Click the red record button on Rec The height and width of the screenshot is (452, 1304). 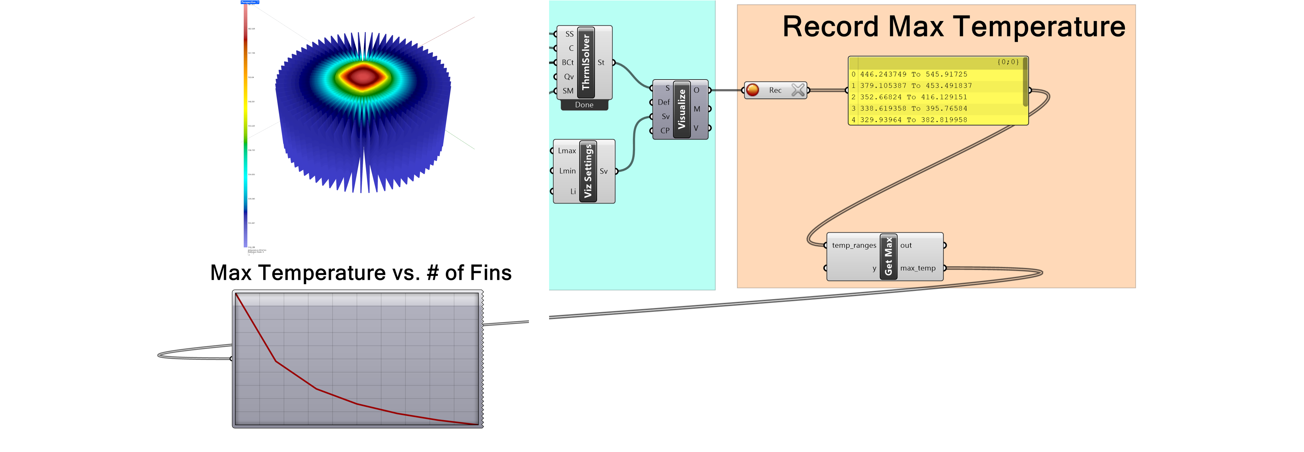tap(753, 90)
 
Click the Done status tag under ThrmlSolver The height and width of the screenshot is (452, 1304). tap(584, 105)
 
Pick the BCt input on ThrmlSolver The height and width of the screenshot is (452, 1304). tap(567, 62)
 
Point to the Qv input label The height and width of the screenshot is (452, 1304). tap(568, 77)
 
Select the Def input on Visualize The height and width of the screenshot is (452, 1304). tap(663, 102)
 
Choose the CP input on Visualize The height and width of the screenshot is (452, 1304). tap(665, 131)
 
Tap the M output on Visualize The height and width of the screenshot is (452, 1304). tap(697, 109)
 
